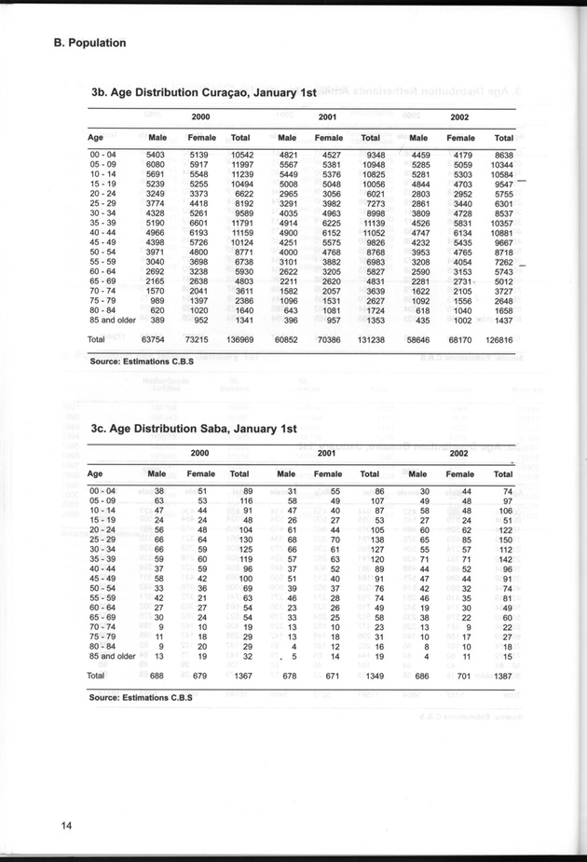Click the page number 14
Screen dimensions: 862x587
coord(66,824)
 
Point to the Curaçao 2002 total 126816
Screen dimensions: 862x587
coord(499,340)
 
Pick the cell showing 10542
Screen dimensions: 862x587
coord(241,155)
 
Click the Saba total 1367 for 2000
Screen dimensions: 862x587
coord(240,674)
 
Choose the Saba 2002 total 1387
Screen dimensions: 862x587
coord(501,674)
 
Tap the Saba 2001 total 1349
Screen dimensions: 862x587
coord(372,674)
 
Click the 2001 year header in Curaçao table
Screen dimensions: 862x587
coord(327,116)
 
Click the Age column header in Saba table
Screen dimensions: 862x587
coord(96,473)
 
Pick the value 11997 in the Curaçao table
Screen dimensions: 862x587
coord(241,165)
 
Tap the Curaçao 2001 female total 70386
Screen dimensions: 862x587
coord(326,340)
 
